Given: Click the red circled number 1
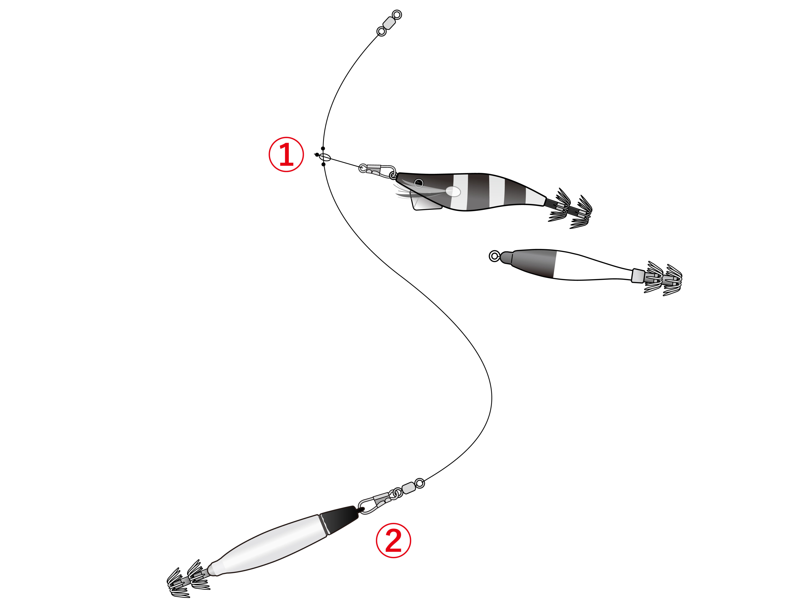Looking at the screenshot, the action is click(x=286, y=155).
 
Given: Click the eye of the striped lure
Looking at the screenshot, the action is click(x=419, y=183).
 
